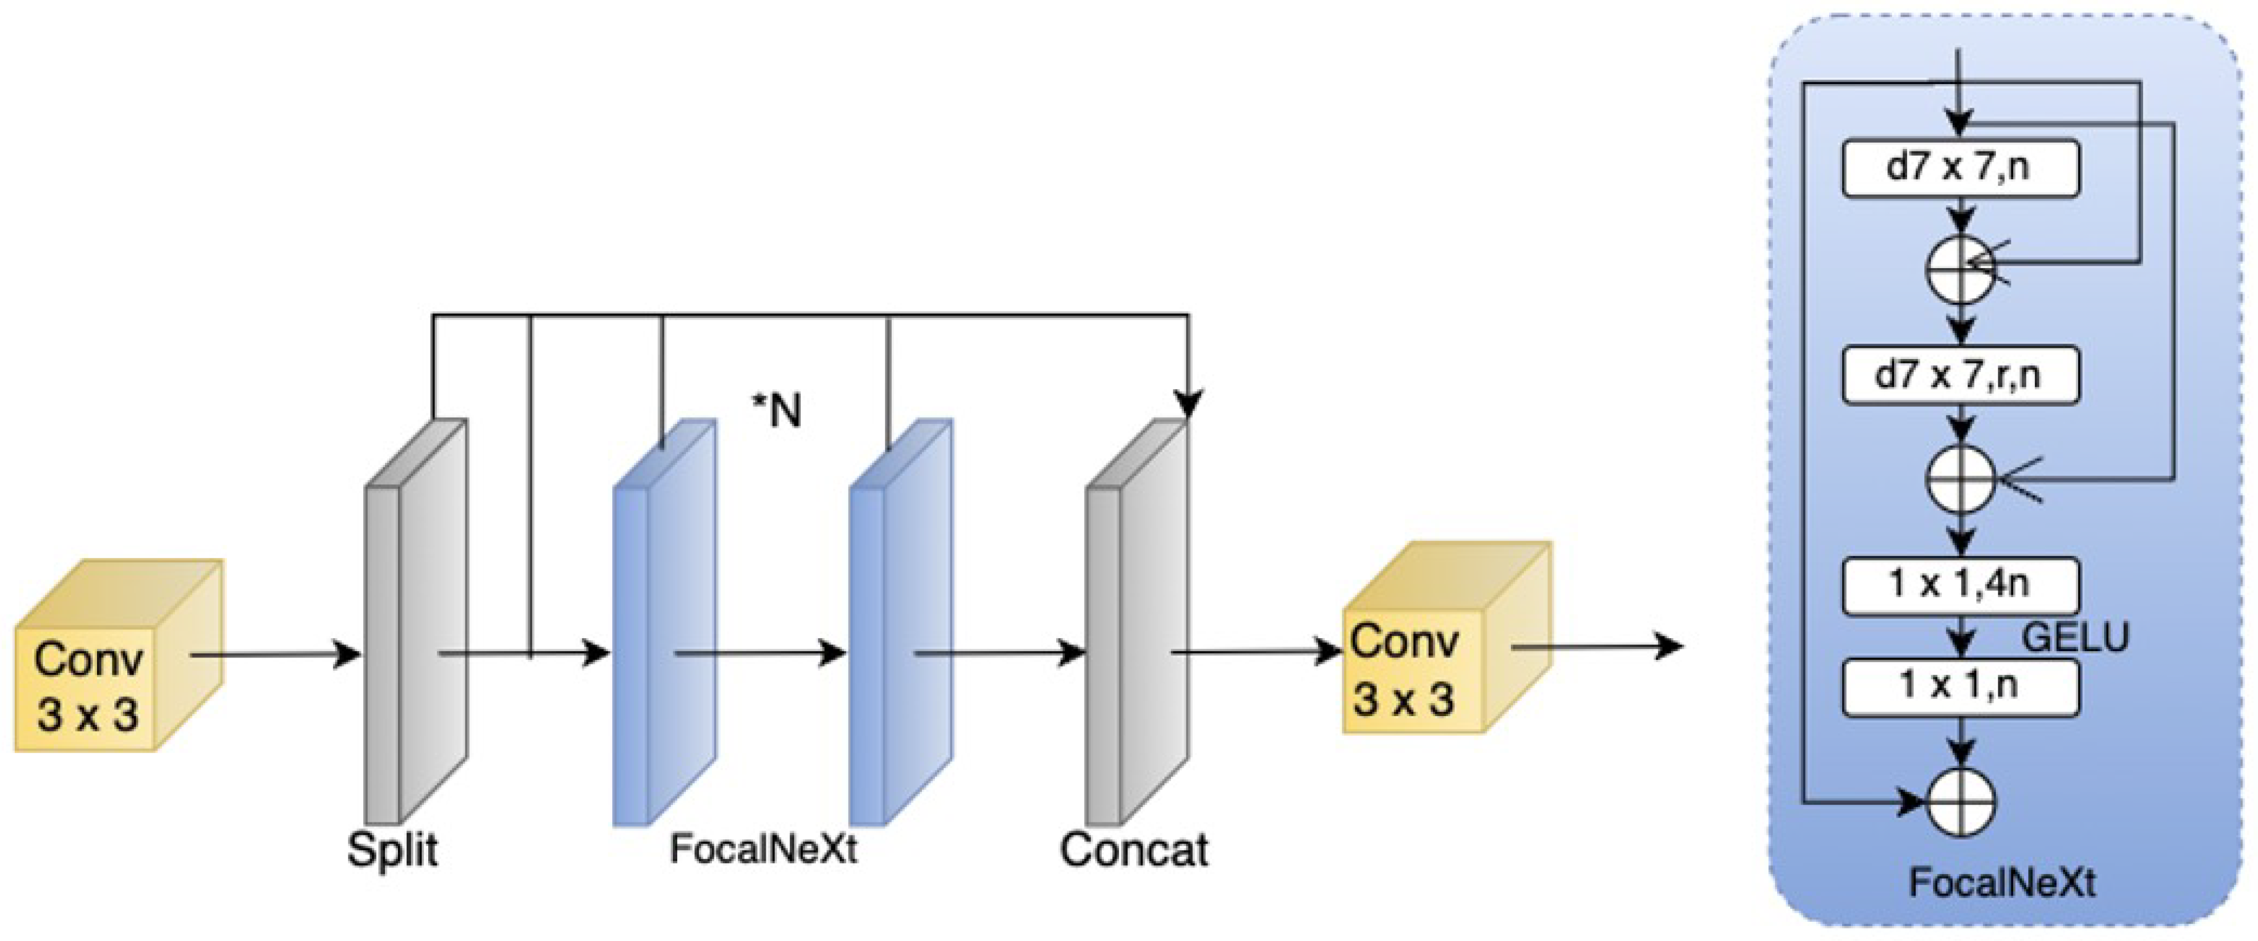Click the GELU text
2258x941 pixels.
pos(2075,637)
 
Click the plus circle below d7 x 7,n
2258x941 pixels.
pos(1961,270)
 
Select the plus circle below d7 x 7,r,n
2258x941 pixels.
pos(1961,478)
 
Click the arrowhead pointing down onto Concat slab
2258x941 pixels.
pos(1188,404)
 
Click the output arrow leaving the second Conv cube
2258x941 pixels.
pos(1596,648)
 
